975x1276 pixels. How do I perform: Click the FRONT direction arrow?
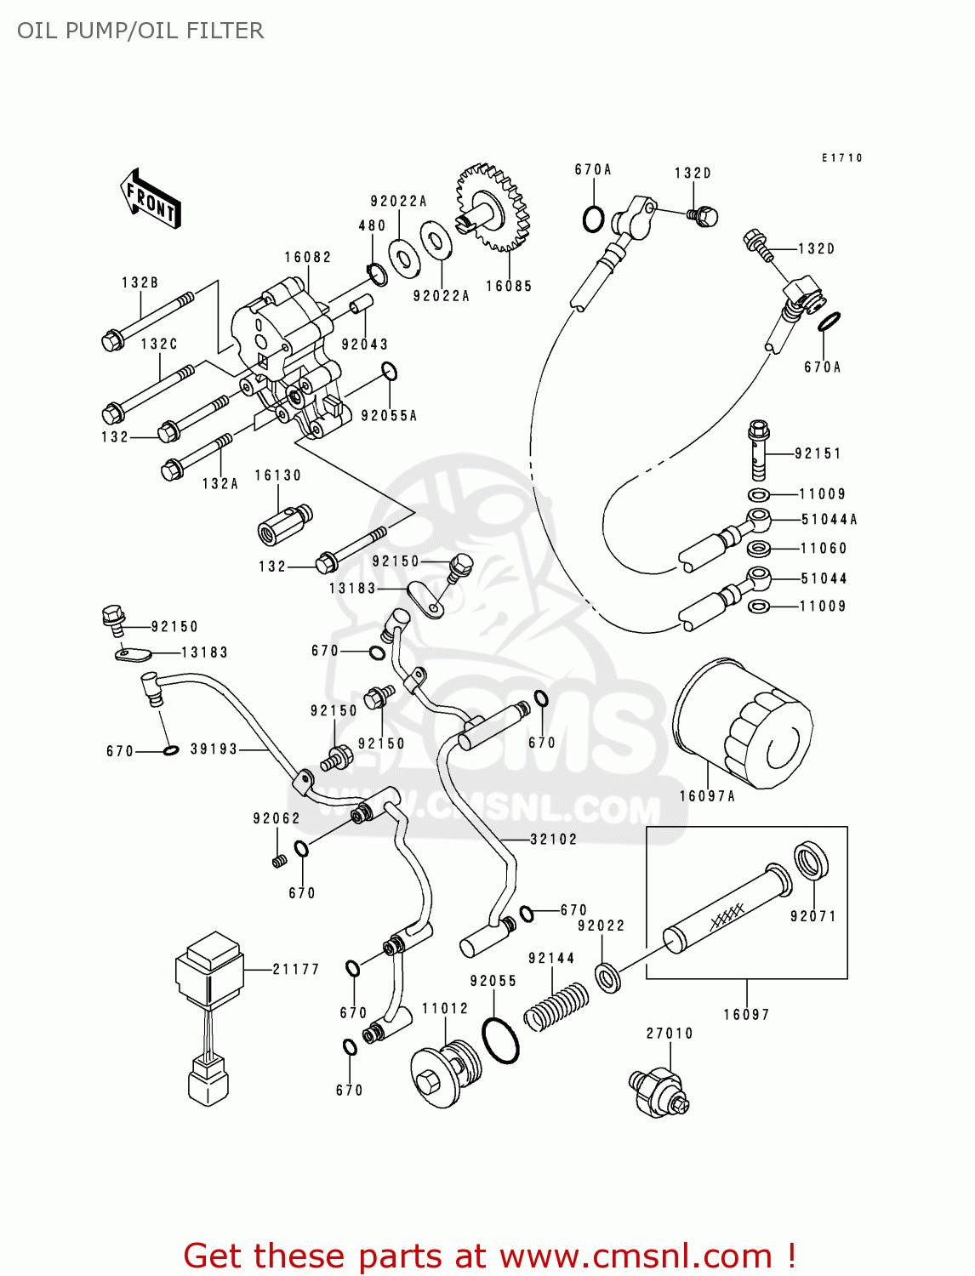pyautogui.click(x=151, y=199)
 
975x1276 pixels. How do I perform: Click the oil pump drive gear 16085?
pyautogui.click(x=490, y=208)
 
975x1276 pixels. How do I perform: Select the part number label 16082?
pyautogui.click(x=307, y=257)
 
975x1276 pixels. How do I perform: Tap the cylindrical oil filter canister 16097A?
pyautogui.click(x=742, y=724)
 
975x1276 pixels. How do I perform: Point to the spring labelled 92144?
pyautogui.click(x=556, y=1006)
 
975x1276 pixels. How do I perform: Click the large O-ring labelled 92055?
pyautogui.click(x=500, y=1040)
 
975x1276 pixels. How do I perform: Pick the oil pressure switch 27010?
pyautogui.click(x=659, y=1091)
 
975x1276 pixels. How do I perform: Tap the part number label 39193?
pyautogui.click(x=214, y=749)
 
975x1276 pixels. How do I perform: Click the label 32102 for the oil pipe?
pyautogui.click(x=553, y=840)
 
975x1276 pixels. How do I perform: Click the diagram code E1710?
pyautogui.click(x=841, y=158)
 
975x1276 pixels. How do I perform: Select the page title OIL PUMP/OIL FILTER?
pyautogui.click(x=140, y=31)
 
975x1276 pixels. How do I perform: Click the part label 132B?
pyautogui.click(x=140, y=282)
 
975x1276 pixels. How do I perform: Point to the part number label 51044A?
pyautogui.click(x=829, y=520)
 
